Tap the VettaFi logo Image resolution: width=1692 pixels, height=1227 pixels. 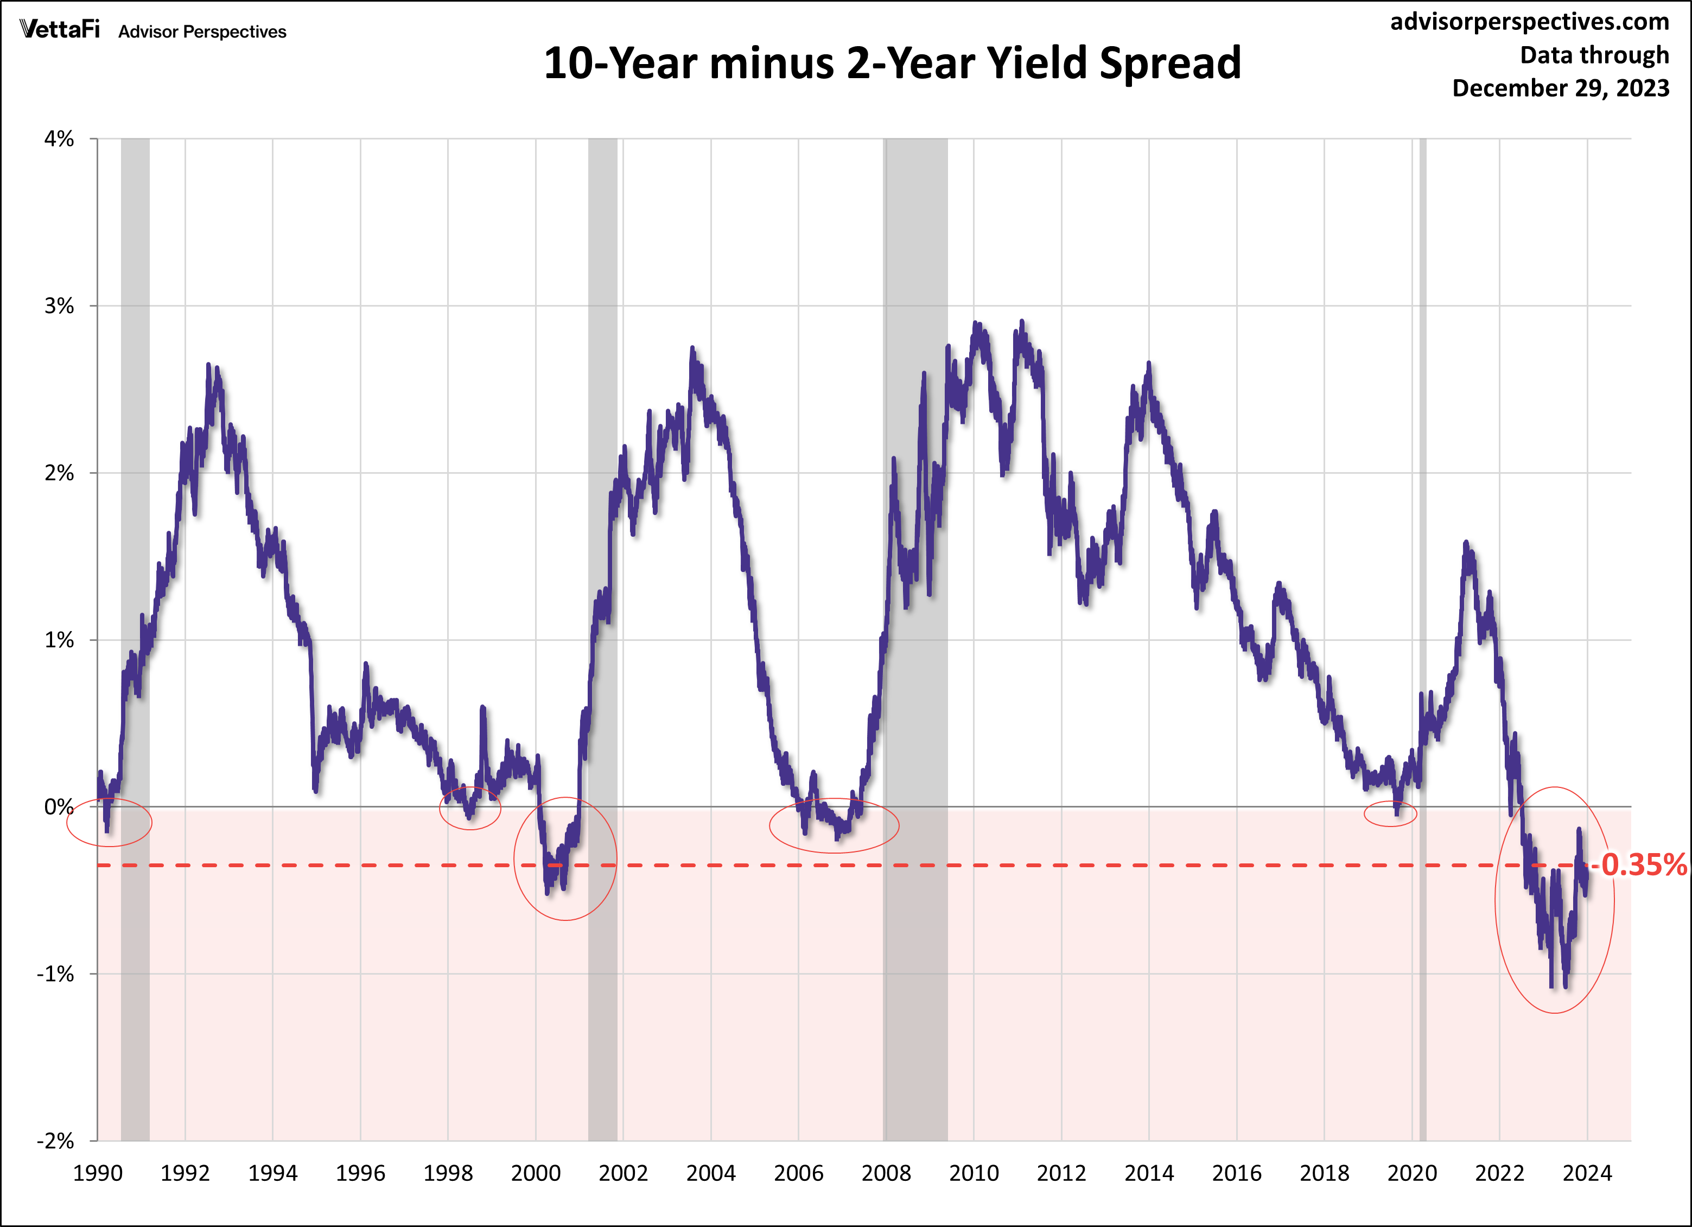point(60,30)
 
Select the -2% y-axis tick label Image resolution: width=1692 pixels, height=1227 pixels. point(56,1141)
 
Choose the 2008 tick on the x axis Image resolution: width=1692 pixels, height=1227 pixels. point(886,1173)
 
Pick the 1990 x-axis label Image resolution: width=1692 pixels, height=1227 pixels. point(98,1173)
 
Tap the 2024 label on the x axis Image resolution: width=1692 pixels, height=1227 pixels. point(1587,1173)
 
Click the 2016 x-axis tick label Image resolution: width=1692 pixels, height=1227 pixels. point(1236,1173)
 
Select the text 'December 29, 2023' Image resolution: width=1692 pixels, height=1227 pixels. point(1560,88)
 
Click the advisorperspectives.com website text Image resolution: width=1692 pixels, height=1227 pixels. point(1529,22)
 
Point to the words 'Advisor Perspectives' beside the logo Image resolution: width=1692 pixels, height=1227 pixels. point(202,32)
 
